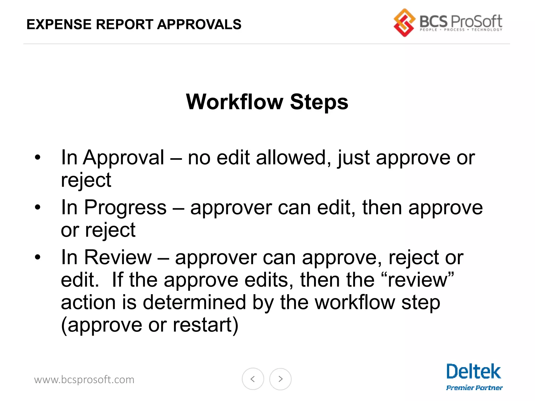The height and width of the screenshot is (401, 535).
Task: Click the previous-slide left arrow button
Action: point(253,379)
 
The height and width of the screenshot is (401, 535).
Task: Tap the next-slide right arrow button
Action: point(280,379)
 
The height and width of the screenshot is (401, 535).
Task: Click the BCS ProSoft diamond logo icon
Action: point(404,23)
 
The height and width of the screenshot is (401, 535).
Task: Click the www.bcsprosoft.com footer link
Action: point(84,380)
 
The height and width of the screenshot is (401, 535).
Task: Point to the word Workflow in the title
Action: point(234,102)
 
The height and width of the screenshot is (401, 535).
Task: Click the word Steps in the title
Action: point(319,102)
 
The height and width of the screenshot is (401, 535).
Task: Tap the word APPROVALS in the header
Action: point(199,25)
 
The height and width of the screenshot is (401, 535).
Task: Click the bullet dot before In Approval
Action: point(38,157)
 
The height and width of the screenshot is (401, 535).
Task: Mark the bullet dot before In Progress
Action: point(38,207)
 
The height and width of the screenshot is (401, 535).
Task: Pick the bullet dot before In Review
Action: point(38,257)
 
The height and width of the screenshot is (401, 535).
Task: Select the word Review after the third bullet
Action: point(118,257)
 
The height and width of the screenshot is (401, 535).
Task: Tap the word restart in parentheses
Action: point(202,325)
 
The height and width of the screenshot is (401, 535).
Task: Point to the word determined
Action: point(194,302)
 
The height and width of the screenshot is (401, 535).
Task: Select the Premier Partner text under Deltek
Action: point(474,388)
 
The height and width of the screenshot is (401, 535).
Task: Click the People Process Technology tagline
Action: point(461,30)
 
